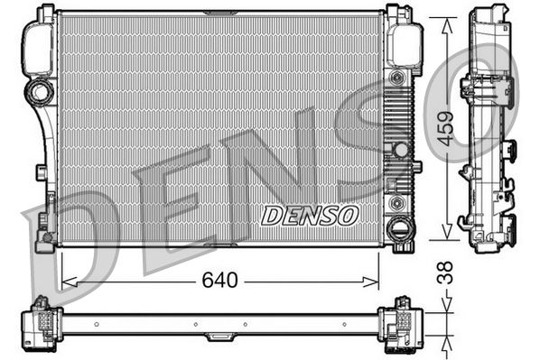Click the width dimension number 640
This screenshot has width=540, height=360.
(x=221, y=280)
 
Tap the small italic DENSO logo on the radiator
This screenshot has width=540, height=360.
(x=310, y=215)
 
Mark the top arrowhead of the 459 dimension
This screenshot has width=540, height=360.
(x=444, y=22)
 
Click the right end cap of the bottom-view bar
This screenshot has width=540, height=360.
(x=399, y=321)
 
